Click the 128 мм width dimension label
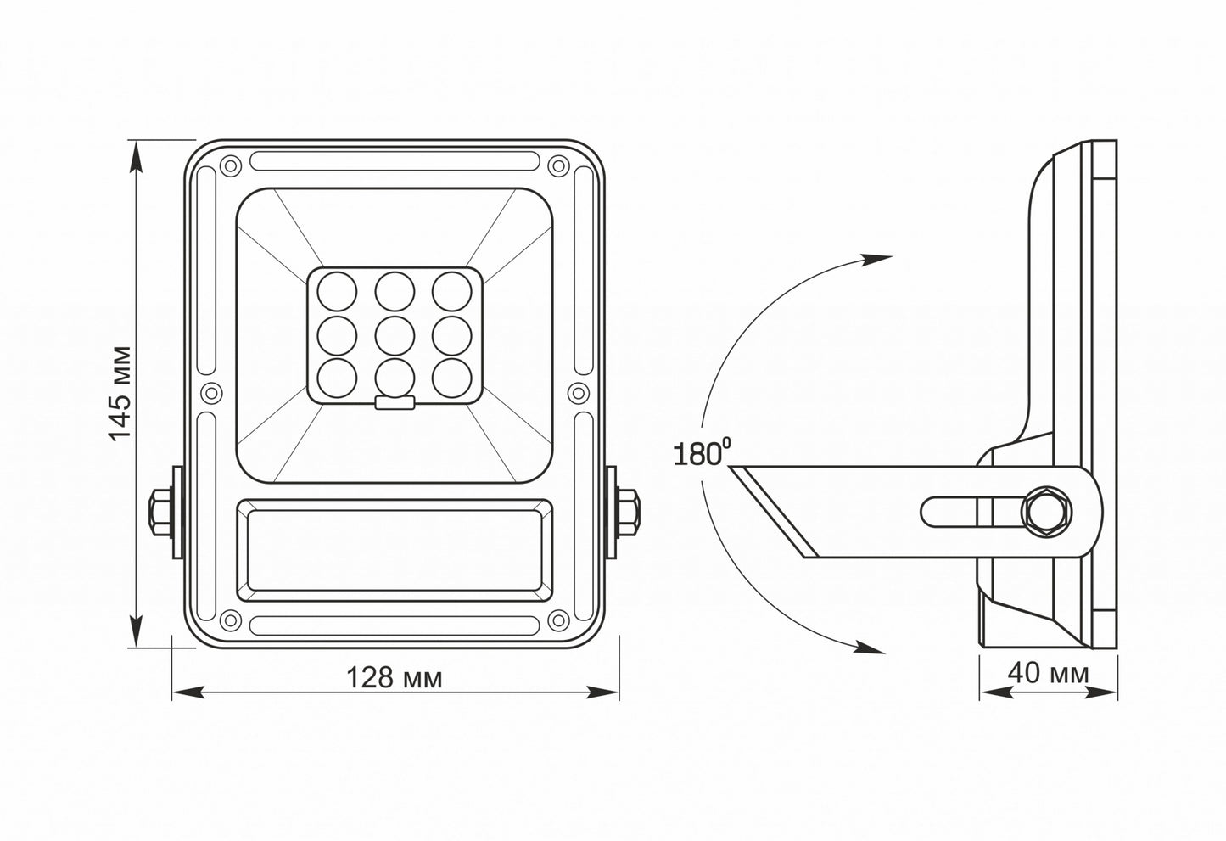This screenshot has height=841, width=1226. (x=394, y=677)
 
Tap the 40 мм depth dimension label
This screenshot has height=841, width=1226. (x=1048, y=673)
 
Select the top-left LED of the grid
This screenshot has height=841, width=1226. (x=336, y=291)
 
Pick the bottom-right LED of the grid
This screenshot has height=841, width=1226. (x=451, y=374)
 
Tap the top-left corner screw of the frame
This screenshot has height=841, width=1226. (x=227, y=165)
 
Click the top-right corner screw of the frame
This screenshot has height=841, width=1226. (x=557, y=165)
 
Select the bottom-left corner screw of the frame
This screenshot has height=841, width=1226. (x=227, y=620)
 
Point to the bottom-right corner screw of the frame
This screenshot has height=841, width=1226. (x=557, y=620)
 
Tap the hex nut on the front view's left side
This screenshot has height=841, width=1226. (x=161, y=512)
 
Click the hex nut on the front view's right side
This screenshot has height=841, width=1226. (x=629, y=512)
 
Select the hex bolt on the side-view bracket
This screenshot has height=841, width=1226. (x=1047, y=512)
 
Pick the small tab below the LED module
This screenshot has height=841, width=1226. (x=395, y=404)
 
